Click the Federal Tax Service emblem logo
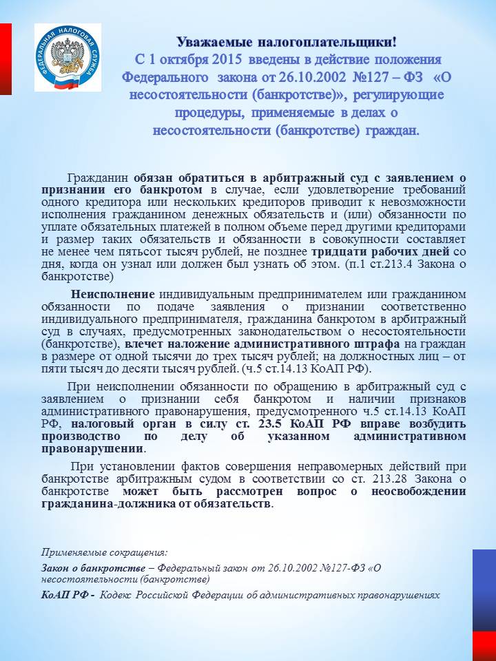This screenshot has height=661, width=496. click(x=68, y=57)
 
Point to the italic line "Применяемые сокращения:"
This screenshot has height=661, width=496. click(x=104, y=552)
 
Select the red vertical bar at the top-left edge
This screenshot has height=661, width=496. click(x=5, y=59)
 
